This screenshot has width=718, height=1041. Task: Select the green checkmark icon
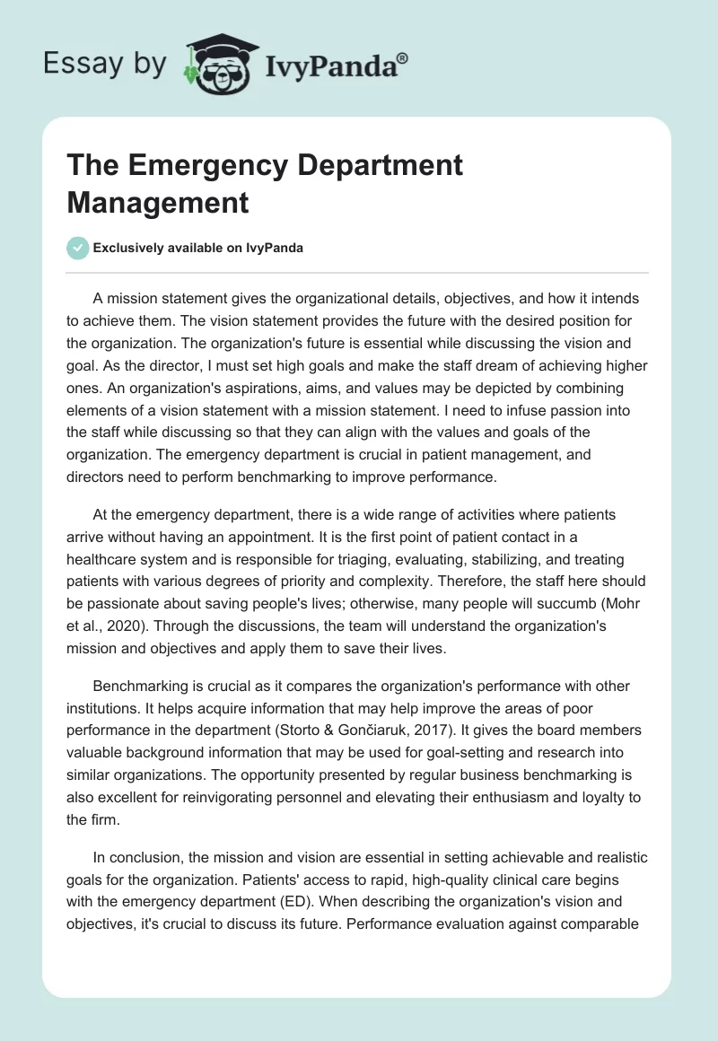[78, 248]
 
